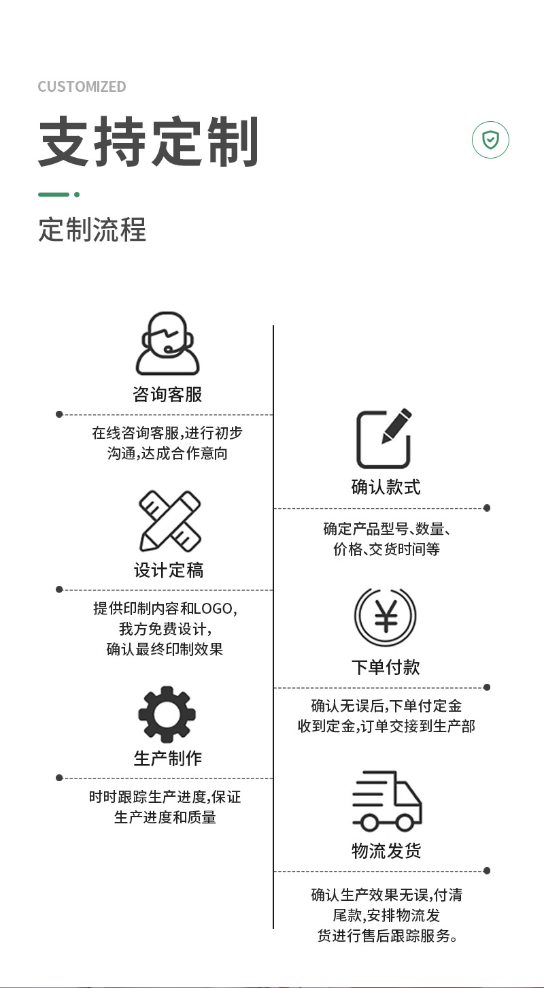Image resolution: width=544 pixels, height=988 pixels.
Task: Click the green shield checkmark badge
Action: pyautogui.click(x=490, y=140)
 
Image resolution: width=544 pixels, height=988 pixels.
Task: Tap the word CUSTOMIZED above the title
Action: pyautogui.click(x=82, y=86)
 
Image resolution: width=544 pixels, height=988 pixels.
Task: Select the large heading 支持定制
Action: pyautogui.click(x=148, y=142)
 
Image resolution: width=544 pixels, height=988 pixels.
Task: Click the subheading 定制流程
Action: pyautogui.click(x=92, y=230)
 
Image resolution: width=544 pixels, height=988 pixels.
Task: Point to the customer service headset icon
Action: pyautogui.click(x=167, y=344)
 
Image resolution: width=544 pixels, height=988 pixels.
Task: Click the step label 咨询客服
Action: pyautogui.click(x=167, y=395)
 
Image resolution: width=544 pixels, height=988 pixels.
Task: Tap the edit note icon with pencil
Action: pyautogui.click(x=384, y=439)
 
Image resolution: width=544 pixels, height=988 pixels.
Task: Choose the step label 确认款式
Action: pyautogui.click(x=386, y=487)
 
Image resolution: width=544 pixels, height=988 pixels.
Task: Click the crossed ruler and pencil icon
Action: pyautogui.click(x=170, y=521)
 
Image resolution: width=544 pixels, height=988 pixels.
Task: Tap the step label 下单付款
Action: pyautogui.click(x=386, y=667)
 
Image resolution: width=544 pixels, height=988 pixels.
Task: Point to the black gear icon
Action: pyautogui.click(x=167, y=714)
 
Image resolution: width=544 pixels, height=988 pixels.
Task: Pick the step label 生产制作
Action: pyautogui.click(x=168, y=759)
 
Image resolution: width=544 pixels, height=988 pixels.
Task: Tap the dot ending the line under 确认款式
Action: pyautogui.click(x=487, y=508)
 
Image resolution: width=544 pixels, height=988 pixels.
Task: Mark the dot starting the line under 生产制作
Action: pyautogui.click(x=59, y=778)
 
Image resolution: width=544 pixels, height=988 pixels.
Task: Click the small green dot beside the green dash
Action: pyautogui.click(x=77, y=195)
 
